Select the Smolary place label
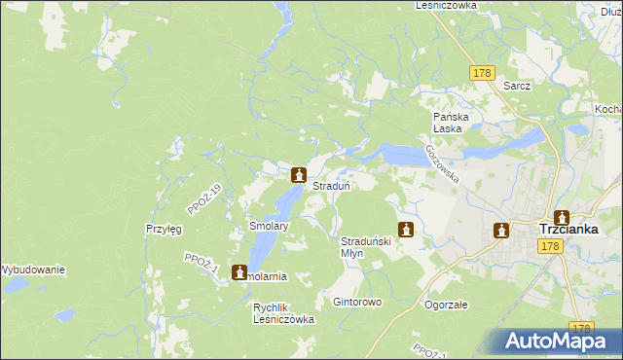(x=269, y=226)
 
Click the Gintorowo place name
(x=357, y=303)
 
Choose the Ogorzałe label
(x=446, y=304)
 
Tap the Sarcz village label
(x=517, y=86)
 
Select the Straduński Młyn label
(x=364, y=246)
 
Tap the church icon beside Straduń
(x=299, y=175)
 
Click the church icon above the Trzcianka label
(x=561, y=217)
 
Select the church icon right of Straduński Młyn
(x=407, y=231)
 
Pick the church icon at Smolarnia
(x=239, y=273)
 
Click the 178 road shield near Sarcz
(x=482, y=73)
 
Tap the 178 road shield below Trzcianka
(x=551, y=247)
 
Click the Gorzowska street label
(x=440, y=161)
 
